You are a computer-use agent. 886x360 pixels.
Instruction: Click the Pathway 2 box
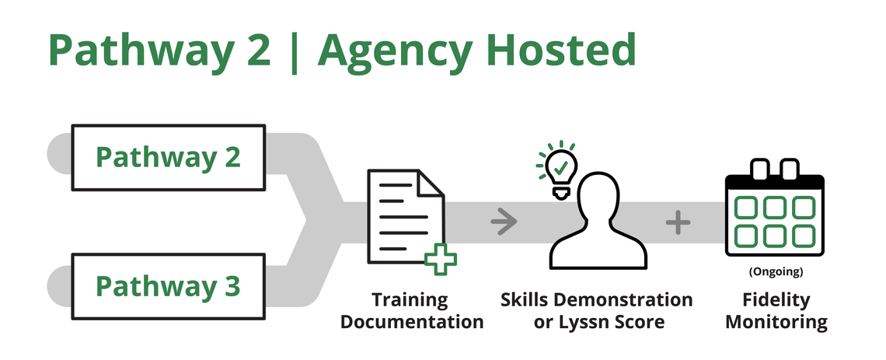pos(168,156)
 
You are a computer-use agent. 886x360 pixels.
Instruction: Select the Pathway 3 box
pos(168,285)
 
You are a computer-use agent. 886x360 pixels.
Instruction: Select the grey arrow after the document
pos(504,223)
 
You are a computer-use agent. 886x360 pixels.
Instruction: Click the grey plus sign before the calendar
pos(678,223)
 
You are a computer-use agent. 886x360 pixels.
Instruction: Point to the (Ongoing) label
pos(775,273)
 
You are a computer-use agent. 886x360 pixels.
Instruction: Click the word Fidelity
pos(775,299)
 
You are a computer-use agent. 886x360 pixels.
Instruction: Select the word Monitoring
pos(775,321)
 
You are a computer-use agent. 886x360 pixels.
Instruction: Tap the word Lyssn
pos(584,321)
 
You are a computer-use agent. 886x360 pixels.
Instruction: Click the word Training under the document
pos(410,299)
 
